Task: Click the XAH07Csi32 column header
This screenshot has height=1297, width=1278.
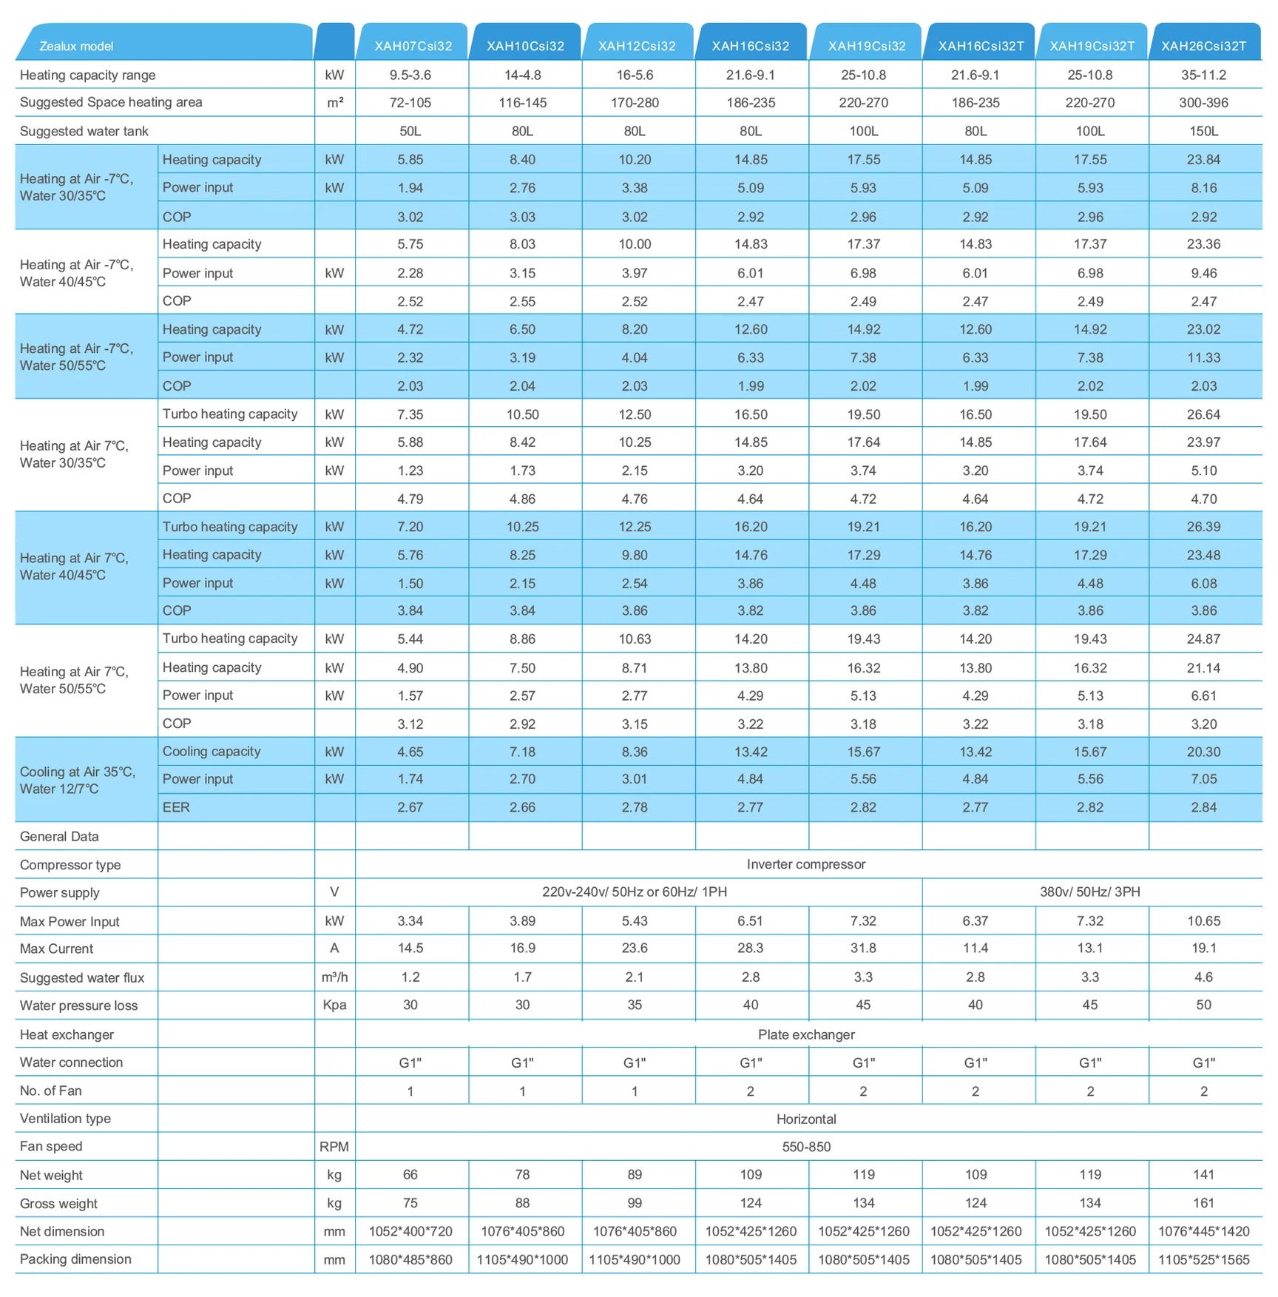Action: tap(413, 46)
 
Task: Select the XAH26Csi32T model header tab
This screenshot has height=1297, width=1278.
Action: tap(1203, 46)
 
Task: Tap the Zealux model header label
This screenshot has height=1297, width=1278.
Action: tap(76, 46)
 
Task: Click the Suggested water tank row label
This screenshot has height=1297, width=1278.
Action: tap(84, 131)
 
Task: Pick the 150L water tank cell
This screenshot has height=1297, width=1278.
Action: tap(1203, 131)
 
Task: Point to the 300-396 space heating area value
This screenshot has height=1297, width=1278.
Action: tap(1203, 103)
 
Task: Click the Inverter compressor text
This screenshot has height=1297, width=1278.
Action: tap(805, 864)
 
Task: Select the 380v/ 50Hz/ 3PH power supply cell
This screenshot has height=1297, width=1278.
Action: tap(1089, 892)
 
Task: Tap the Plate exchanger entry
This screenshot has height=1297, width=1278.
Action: tap(805, 1034)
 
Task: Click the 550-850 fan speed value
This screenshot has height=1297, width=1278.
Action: tap(806, 1147)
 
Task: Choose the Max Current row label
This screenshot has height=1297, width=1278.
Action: tap(56, 949)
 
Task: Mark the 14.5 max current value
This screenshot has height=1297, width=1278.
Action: tap(410, 949)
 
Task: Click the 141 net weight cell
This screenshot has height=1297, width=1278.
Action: tap(1203, 1175)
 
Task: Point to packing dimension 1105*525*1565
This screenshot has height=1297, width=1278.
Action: tap(1203, 1259)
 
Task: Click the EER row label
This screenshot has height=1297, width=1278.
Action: tap(176, 807)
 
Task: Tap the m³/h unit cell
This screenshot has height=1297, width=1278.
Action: tap(334, 977)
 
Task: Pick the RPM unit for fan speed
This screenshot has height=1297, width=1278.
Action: tap(334, 1147)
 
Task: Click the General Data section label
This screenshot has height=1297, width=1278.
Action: tap(59, 837)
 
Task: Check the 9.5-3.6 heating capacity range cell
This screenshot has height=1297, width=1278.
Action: tap(410, 75)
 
